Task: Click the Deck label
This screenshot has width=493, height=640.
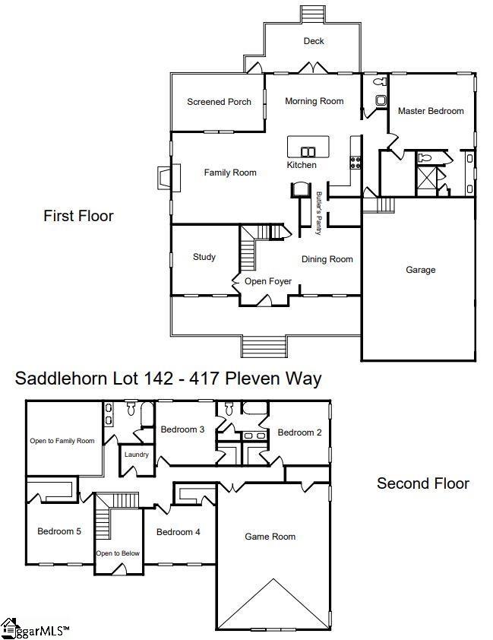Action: (314, 41)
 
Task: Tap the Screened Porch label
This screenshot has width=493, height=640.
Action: (219, 102)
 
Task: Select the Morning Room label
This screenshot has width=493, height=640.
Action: (314, 101)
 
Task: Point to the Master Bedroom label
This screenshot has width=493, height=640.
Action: (431, 111)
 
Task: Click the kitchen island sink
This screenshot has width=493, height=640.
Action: (308, 151)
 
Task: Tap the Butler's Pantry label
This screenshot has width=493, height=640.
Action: (319, 207)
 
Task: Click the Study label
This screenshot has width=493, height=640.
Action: (204, 257)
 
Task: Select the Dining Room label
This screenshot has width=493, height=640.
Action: (327, 259)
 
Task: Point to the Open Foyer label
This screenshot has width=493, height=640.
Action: (267, 281)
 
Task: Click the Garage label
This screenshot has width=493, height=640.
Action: (420, 270)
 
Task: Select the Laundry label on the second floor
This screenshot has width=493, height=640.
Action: (136, 455)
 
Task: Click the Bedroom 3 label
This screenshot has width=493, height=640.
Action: (182, 429)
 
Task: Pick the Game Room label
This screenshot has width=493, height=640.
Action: (270, 537)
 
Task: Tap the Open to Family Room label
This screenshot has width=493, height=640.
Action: (62, 441)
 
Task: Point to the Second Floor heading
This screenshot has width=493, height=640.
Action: (422, 483)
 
